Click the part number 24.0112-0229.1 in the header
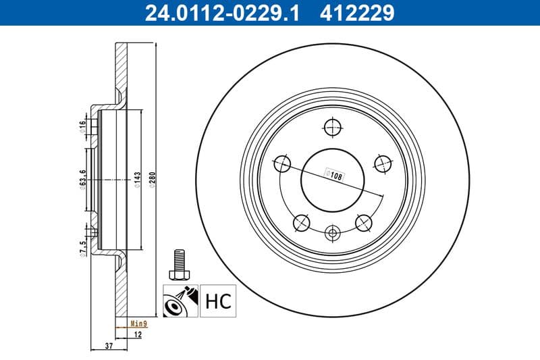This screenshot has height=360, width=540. pos(217,12)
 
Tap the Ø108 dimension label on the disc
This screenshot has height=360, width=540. pos(335,174)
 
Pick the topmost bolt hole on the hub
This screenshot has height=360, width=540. pos(332,126)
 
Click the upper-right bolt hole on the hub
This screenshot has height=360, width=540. pos(383,163)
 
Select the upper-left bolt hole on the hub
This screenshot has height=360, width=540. pos(282,163)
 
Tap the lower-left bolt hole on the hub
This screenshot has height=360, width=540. pos(301,222)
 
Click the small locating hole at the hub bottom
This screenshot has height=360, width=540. pos(332,234)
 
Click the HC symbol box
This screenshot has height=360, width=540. pos(216,300)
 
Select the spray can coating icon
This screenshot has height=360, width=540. pos(180,300)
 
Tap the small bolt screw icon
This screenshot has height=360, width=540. pos(179,263)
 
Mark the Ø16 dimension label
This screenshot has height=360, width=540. pos(82,126)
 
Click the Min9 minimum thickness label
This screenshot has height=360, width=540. pos(138,324)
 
